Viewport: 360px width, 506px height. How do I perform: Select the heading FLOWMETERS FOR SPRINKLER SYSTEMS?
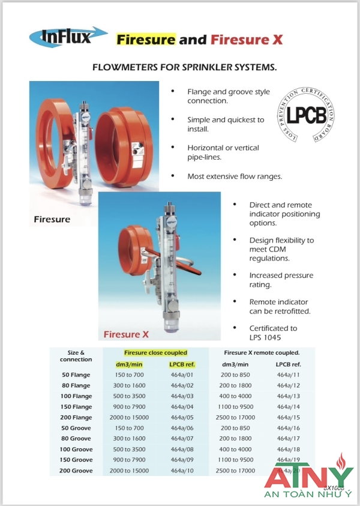point(184,68)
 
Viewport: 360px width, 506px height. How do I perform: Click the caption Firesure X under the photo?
point(126,334)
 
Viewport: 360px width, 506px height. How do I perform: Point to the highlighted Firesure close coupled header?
point(155,353)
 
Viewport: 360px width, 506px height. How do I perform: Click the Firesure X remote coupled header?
point(261,353)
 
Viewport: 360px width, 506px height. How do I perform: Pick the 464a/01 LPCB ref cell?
point(182,375)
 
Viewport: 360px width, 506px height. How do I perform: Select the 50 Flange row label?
point(76,375)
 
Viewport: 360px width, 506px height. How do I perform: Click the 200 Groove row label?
point(76,471)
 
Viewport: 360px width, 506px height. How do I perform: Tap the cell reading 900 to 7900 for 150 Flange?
point(129,407)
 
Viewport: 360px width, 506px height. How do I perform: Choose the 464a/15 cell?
point(288,417)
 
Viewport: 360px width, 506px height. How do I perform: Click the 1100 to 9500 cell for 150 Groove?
point(236,460)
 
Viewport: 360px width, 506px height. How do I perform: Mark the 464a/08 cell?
point(182,449)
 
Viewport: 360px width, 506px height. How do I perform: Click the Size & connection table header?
point(76,356)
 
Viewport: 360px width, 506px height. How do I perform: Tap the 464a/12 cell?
point(288,385)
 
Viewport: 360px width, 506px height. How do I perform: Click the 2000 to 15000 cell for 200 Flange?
point(129,417)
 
